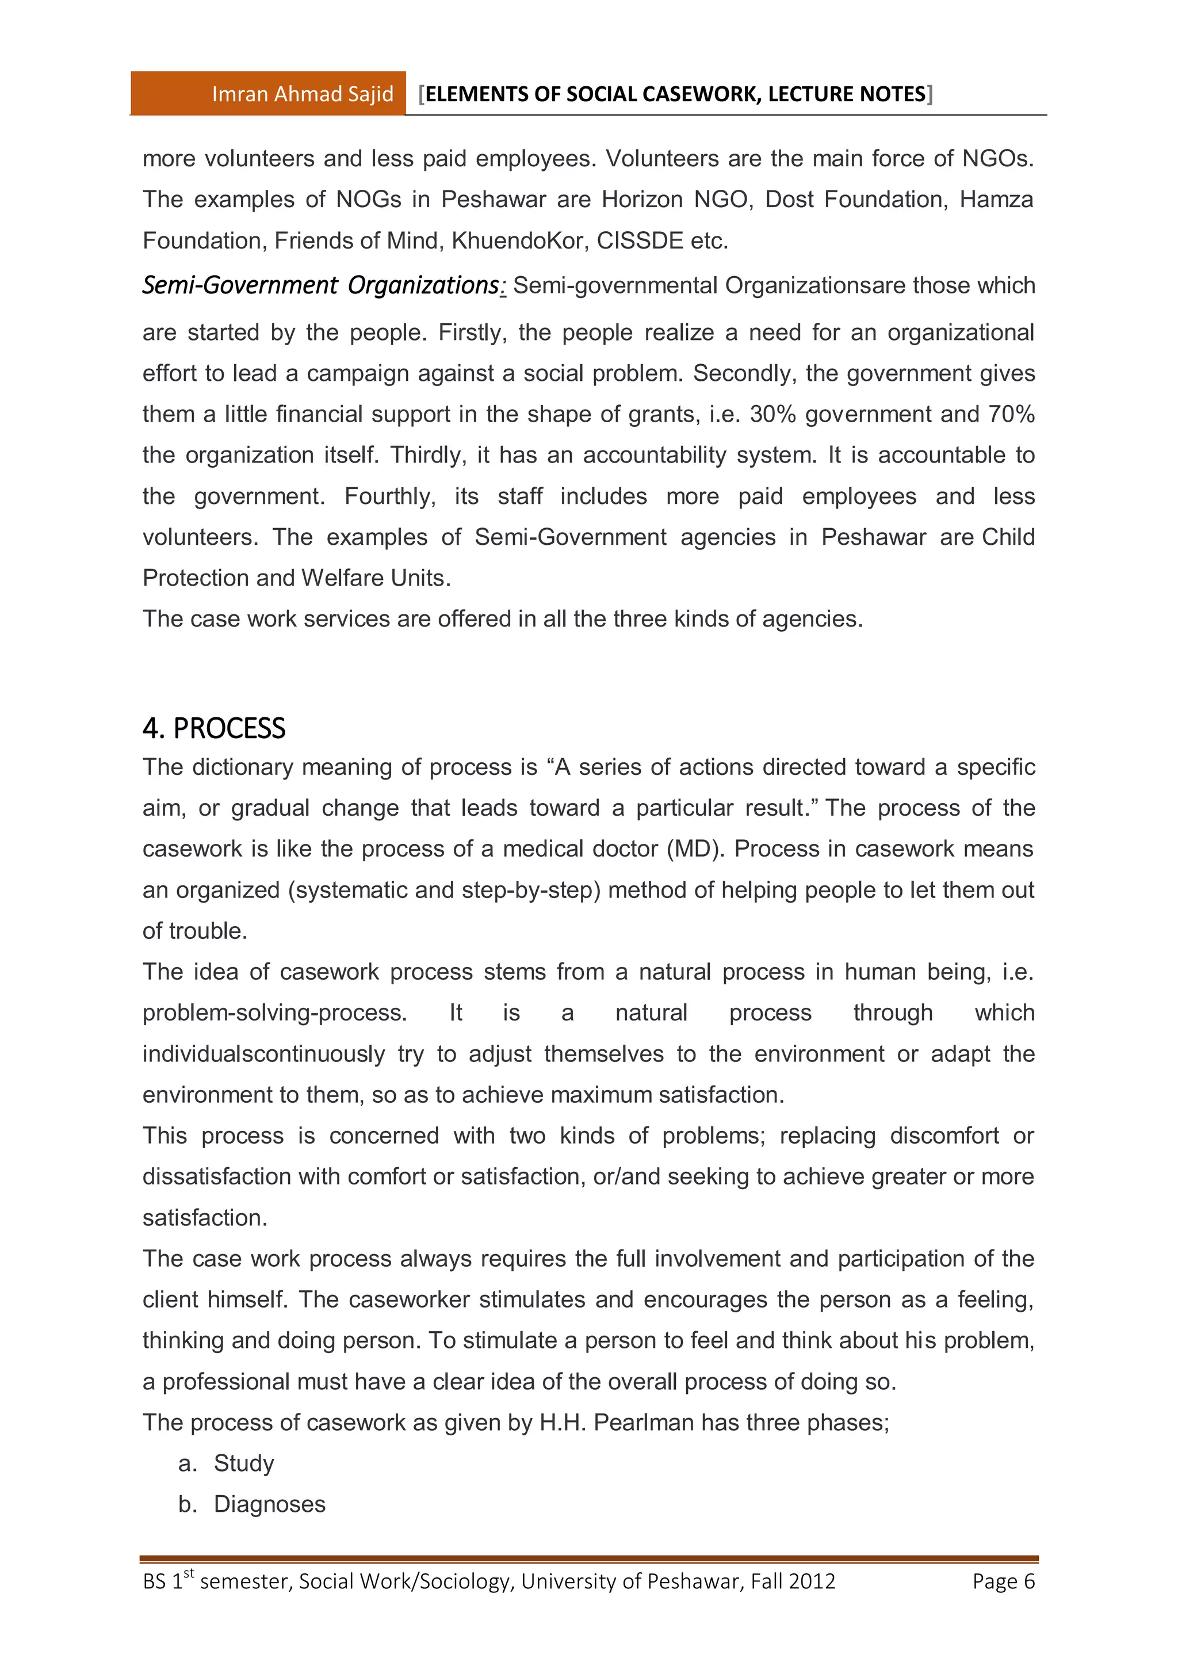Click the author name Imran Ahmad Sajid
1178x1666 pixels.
[303, 94]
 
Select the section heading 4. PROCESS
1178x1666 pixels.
[214, 728]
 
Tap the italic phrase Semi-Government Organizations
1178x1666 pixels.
[320, 285]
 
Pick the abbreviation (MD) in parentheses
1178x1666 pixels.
[695, 849]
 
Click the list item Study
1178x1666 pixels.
[244, 1464]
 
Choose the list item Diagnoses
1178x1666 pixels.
[269, 1504]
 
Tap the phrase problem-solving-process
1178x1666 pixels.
[274, 1013]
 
